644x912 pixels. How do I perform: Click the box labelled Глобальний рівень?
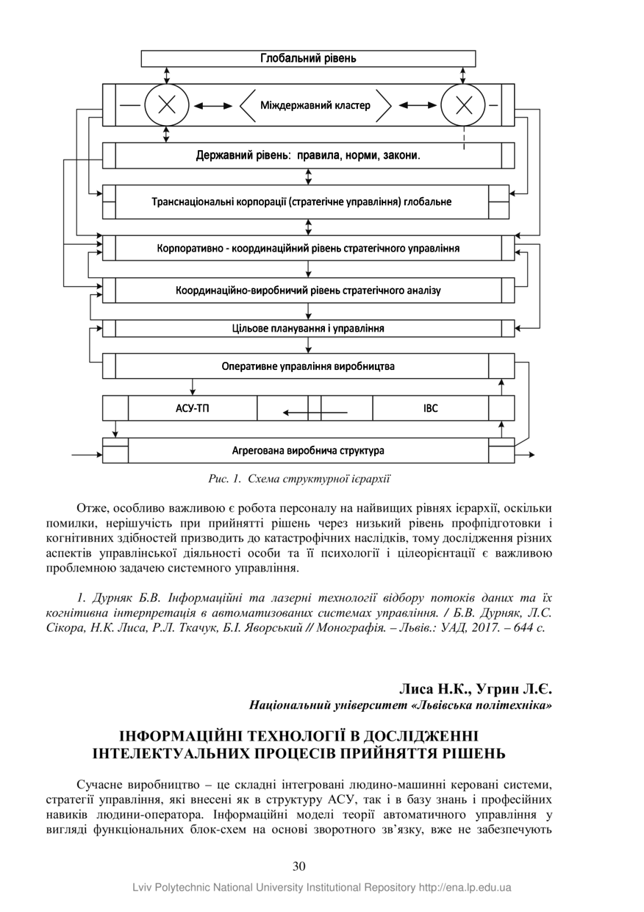coord(308,58)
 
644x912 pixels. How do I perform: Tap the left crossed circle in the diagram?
coord(167,105)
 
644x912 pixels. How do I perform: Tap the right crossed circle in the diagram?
coord(463,105)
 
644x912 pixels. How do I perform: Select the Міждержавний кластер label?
coord(315,105)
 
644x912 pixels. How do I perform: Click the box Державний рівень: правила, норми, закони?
coord(308,156)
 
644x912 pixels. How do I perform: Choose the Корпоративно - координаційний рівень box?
coord(308,248)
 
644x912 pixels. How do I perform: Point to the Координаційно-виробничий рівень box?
coord(308,291)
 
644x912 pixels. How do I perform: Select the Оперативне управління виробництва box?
coord(308,366)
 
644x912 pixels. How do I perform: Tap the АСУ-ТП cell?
coord(193,407)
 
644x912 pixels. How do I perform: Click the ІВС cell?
coord(431,407)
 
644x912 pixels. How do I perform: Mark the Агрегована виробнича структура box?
coord(308,450)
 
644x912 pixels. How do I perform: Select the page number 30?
coord(299,866)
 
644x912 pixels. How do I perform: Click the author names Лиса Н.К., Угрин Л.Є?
coord(475,689)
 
